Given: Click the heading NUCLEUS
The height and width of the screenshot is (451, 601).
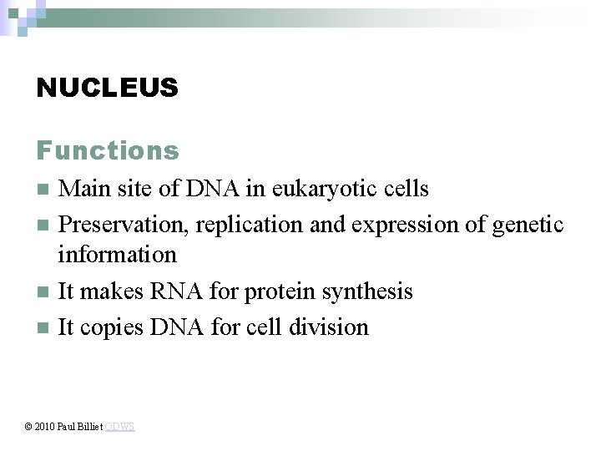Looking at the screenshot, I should (107, 87).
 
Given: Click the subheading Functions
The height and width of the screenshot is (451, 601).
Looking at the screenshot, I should (107, 150).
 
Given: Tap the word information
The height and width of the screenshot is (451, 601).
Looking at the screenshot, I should (117, 253).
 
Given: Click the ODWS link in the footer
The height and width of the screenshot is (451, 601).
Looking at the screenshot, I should (120, 427).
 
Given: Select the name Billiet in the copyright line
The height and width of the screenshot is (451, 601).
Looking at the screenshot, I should (90, 427).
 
